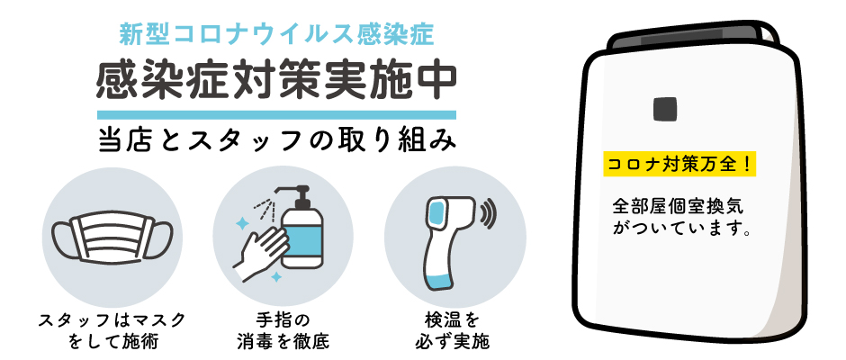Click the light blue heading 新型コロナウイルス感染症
tap(276, 36)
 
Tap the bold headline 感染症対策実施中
tap(276, 81)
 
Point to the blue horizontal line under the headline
tap(276, 114)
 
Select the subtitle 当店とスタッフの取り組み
tap(277, 139)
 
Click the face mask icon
tap(112, 237)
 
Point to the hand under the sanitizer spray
tap(259, 252)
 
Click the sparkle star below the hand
tap(275, 277)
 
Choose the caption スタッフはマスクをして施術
tap(112, 330)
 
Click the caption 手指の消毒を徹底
tap(283, 330)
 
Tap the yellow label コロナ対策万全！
tap(679, 165)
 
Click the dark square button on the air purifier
tap(664, 109)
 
